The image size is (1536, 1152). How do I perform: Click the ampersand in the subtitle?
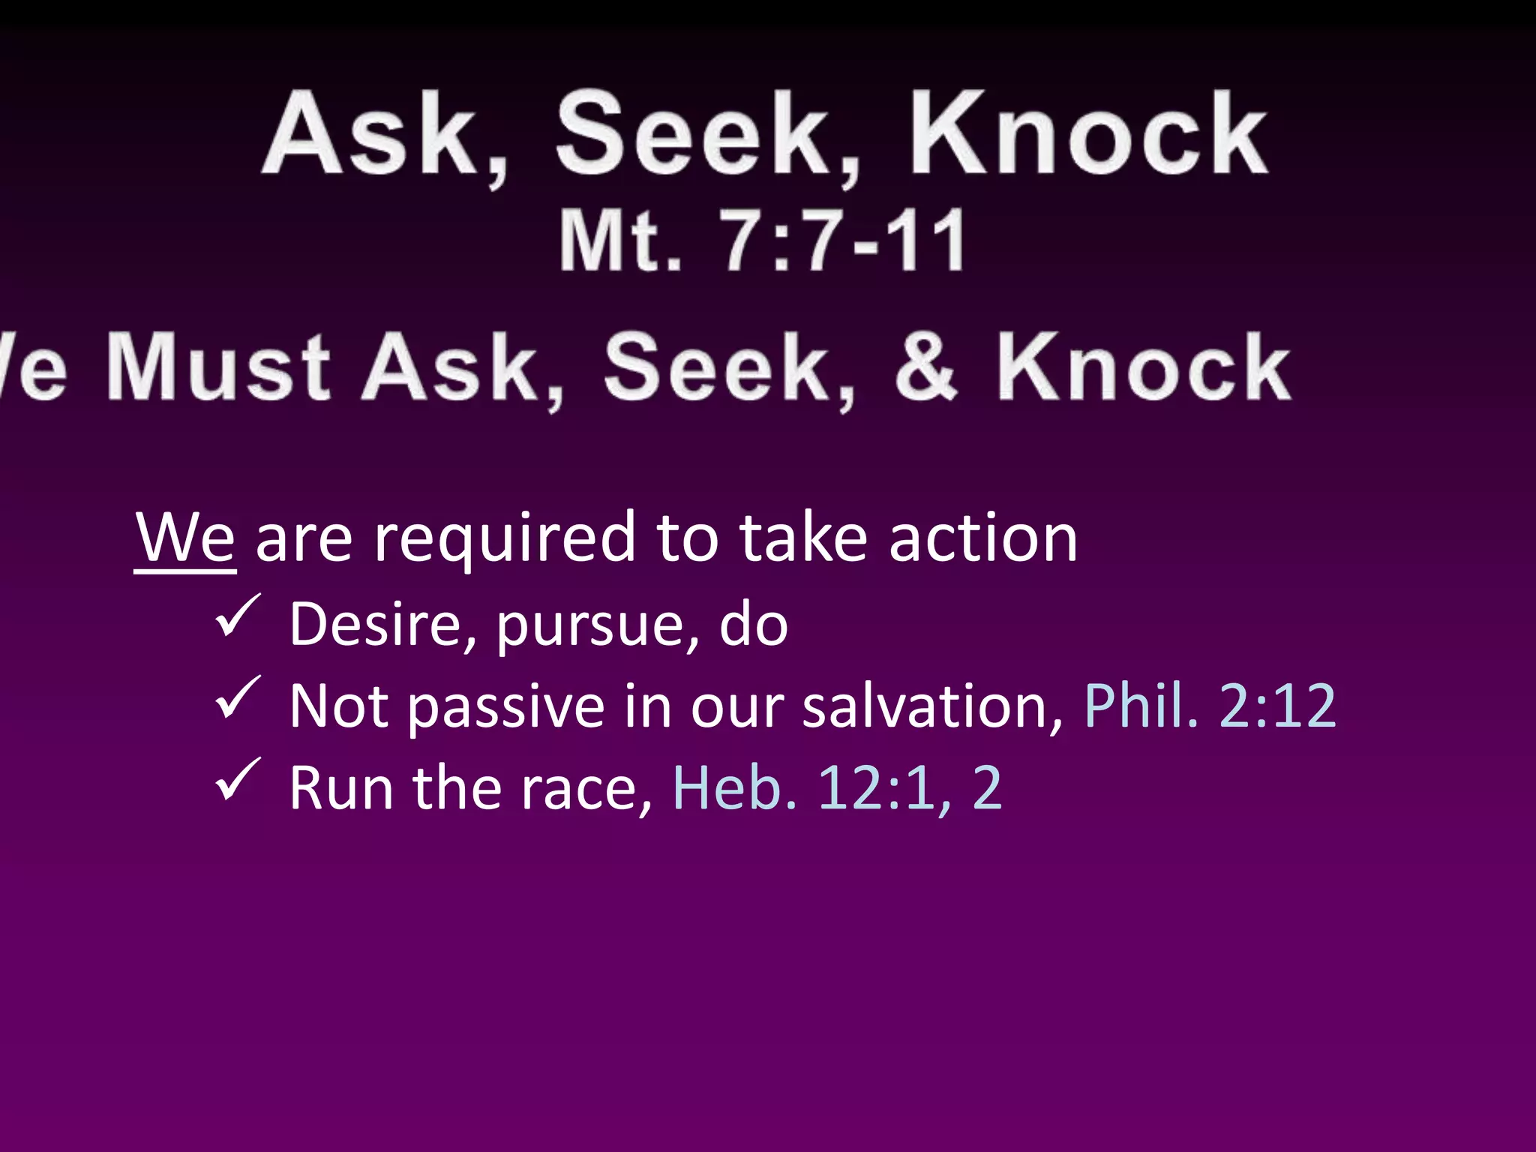tap(925, 367)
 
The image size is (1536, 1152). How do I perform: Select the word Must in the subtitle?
tap(218, 367)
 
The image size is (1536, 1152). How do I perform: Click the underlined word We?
tap(185, 538)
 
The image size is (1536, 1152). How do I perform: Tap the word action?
tap(983, 538)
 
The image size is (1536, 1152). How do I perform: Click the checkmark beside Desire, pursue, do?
tap(238, 616)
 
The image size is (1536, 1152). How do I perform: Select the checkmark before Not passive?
tap(238, 698)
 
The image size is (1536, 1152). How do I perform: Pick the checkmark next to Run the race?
tap(238, 781)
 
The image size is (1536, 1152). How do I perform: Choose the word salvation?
tap(931, 706)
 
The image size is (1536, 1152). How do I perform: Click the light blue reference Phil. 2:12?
tap(1210, 706)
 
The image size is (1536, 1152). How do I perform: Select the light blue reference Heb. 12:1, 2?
tap(837, 788)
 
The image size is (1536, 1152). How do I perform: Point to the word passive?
tap(506, 707)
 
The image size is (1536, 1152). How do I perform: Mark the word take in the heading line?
tap(803, 538)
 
